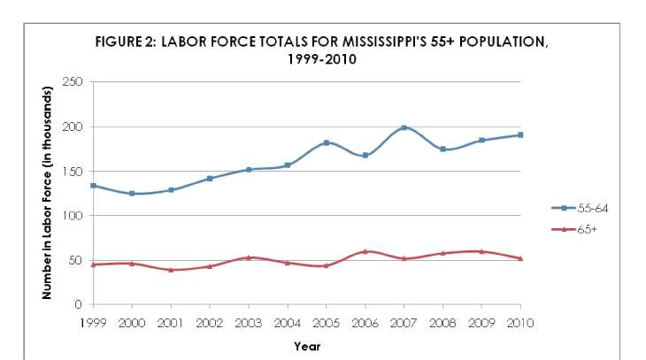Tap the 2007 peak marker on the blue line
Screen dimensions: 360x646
click(x=404, y=128)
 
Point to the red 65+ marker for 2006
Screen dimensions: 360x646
click(x=365, y=251)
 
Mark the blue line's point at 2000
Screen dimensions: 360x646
click(x=132, y=193)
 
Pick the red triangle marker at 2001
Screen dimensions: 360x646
click(x=171, y=270)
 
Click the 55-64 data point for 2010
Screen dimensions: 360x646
click(x=520, y=134)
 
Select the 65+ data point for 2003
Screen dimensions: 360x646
click(x=249, y=257)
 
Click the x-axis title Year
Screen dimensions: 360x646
click(x=307, y=346)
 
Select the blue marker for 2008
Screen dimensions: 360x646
click(x=442, y=149)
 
